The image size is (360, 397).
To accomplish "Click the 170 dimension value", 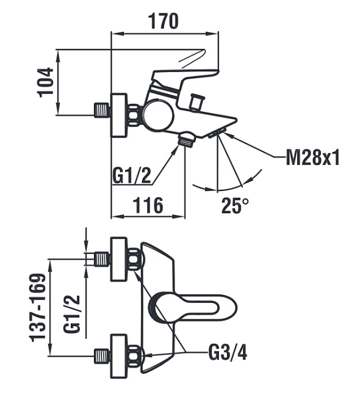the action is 164,21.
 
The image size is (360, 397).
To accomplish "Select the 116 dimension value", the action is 148,205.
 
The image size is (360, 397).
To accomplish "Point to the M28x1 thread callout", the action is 312,157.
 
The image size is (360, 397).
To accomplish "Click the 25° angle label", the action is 235,205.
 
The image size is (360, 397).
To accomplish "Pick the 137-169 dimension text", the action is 38,307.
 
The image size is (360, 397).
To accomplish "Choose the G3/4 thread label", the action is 228,352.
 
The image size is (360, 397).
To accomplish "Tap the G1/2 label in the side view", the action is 132,176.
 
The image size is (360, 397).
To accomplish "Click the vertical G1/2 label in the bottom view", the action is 72,315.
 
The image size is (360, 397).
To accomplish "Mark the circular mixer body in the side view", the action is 158,115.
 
